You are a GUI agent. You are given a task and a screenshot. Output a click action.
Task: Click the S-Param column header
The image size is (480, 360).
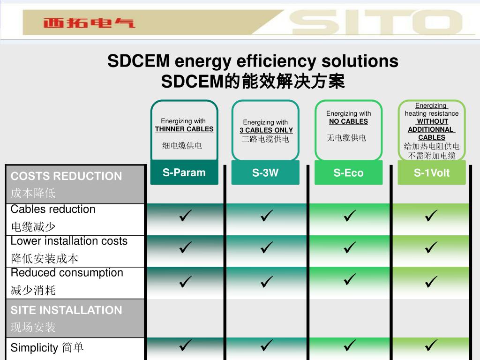184,172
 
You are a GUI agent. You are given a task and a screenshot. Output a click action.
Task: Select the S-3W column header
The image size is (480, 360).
265,172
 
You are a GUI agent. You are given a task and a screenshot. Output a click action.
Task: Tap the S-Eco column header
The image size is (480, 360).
348,173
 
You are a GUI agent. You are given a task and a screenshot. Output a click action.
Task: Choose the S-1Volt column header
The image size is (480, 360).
431,173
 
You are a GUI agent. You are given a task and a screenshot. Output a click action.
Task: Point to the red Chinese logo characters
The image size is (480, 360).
89,22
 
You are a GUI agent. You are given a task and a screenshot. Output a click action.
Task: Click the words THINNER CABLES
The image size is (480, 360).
184,129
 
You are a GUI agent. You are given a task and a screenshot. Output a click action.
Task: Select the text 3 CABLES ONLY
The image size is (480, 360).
266,130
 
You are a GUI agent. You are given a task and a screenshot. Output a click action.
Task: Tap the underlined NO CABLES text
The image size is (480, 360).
348,121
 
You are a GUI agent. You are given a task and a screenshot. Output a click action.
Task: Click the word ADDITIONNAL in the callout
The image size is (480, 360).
431,129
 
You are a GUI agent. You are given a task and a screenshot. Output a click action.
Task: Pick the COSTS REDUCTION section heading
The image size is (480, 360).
66,176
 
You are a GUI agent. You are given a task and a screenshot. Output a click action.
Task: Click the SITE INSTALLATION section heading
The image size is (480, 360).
66,310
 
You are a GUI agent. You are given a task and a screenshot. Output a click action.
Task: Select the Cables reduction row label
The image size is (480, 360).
53,210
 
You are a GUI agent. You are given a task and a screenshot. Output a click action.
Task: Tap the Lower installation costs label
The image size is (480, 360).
69,241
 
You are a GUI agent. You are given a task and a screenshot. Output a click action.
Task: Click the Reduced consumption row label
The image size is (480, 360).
67,273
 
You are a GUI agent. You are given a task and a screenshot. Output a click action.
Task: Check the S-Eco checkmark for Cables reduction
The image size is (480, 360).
349,216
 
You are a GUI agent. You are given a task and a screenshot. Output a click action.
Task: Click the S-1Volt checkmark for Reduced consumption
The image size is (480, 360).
431,282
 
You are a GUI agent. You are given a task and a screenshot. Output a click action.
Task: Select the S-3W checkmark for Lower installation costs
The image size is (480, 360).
267,247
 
